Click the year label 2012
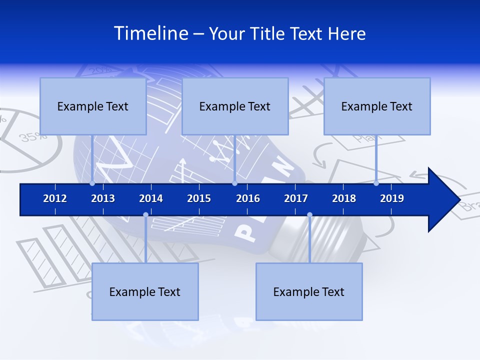[x=55, y=198]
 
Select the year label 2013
[x=103, y=198]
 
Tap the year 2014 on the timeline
[x=151, y=198]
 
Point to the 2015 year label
[x=199, y=198]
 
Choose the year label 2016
[x=248, y=198]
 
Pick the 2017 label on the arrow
[x=296, y=198]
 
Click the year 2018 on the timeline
[x=344, y=198]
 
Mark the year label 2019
[x=392, y=198]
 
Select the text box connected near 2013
[x=93, y=106]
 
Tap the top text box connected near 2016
[x=235, y=106]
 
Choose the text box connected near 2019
[x=377, y=106]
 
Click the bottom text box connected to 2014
[x=145, y=291]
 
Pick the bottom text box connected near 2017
[x=309, y=291]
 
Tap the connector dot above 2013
[x=92, y=183]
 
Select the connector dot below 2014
[x=145, y=215]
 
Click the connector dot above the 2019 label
[x=376, y=183]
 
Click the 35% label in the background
[x=33, y=136]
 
